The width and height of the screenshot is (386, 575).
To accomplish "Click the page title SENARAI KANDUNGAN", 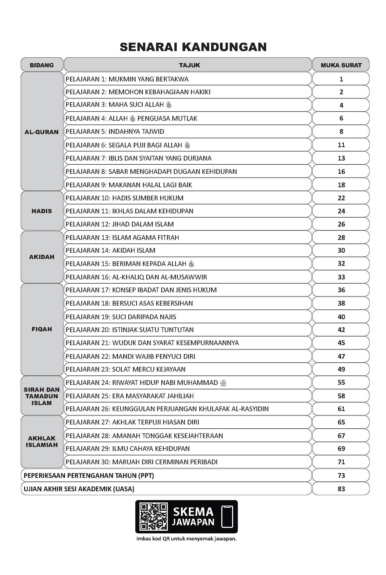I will [x=193, y=47].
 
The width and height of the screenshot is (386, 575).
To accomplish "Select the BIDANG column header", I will [x=42, y=65].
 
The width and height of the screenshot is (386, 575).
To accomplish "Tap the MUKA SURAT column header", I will [x=341, y=65].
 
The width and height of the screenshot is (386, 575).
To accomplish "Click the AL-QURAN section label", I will [x=42, y=132].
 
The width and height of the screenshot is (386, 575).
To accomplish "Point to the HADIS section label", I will [x=42, y=211].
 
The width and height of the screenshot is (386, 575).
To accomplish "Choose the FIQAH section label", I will [x=42, y=329].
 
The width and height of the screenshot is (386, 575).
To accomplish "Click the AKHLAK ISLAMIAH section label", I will [x=42, y=441].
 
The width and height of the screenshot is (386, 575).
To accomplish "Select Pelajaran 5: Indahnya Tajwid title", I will [x=115, y=131].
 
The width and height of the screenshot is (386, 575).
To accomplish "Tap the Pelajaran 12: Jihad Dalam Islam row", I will [x=120, y=224].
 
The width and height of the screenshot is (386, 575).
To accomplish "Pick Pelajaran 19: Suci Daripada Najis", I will [x=121, y=317].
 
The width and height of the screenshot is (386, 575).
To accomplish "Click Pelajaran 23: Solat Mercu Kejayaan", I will [x=125, y=369].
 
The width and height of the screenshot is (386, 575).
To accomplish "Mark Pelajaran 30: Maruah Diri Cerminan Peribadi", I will [x=142, y=462].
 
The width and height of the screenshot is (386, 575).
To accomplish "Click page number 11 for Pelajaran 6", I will [x=341, y=145].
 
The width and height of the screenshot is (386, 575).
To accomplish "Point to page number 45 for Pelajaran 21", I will [x=341, y=343].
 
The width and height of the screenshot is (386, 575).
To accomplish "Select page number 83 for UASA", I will [x=341, y=489].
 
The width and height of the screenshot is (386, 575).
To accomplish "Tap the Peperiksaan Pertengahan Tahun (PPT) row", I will [x=89, y=476].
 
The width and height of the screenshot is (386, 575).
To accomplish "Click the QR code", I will [x=154, y=517].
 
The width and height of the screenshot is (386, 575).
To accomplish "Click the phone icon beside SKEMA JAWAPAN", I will [x=227, y=517].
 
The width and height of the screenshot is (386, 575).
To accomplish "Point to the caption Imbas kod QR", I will [x=186, y=539].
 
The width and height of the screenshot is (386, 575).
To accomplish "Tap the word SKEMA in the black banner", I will [x=193, y=512].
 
